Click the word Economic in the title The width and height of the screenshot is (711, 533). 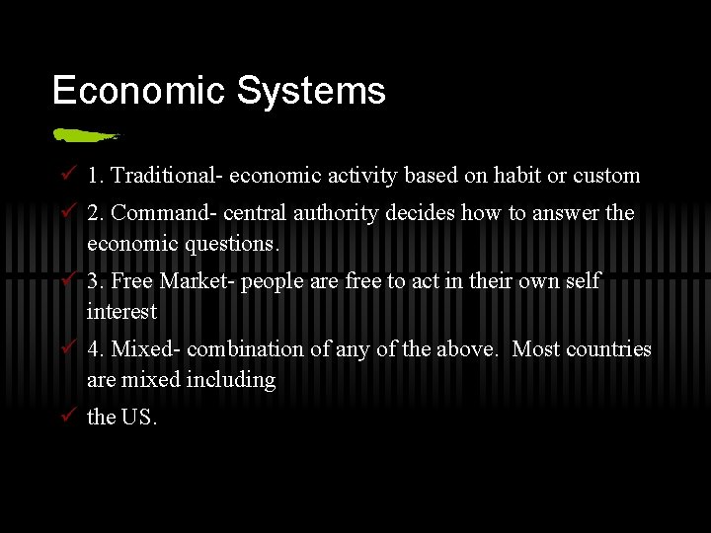(139, 91)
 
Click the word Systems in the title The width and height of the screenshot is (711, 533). (311, 91)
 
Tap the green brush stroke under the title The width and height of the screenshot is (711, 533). (86, 134)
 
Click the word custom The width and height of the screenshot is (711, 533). (606, 176)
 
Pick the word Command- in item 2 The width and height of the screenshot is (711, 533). (165, 213)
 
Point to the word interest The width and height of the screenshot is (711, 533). (121, 311)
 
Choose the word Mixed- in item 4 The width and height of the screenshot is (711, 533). (146, 349)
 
